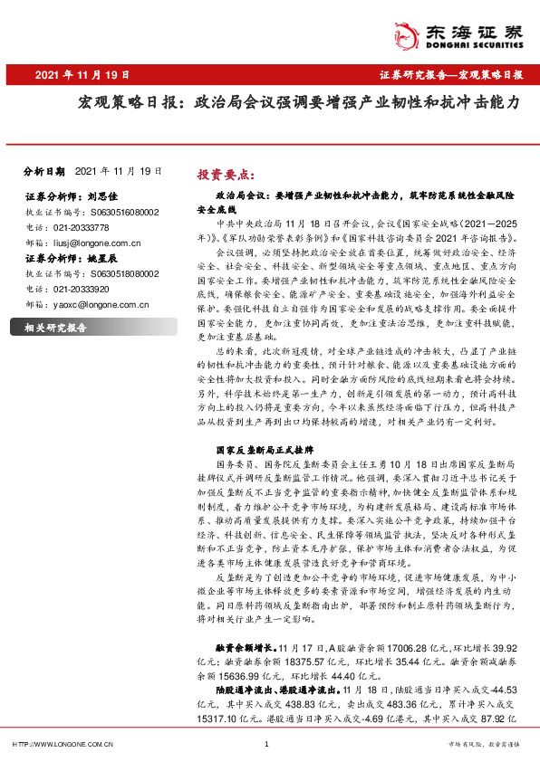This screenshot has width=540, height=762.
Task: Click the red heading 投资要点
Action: [x=226, y=174]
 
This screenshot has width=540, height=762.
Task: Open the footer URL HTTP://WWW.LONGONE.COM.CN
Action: [x=62, y=744]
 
